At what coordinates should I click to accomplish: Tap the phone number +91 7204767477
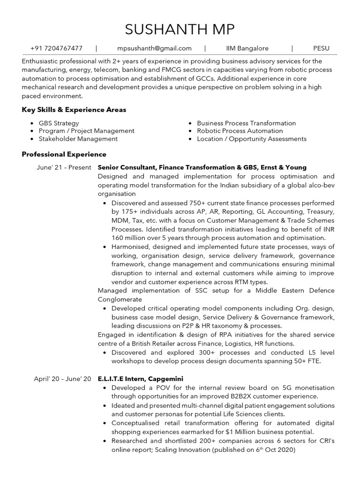point(56,48)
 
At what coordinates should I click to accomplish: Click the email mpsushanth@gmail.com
point(154,48)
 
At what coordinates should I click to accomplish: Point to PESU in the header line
point(322,48)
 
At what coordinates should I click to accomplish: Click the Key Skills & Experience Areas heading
point(74,110)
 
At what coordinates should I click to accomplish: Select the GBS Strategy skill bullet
point(59,123)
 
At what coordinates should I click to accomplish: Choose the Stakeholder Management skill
point(78,139)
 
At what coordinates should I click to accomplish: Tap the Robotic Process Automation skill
point(240,131)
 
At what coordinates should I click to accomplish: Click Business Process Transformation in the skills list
point(246,123)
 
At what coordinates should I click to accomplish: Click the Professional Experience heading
point(64,154)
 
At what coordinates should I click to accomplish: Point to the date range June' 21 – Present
point(63,167)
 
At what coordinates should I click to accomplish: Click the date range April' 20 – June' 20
point(62,379)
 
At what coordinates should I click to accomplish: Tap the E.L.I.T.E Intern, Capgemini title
point(140,379)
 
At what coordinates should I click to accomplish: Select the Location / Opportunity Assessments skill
point(251,139)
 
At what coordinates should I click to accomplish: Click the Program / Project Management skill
point(86,131)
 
